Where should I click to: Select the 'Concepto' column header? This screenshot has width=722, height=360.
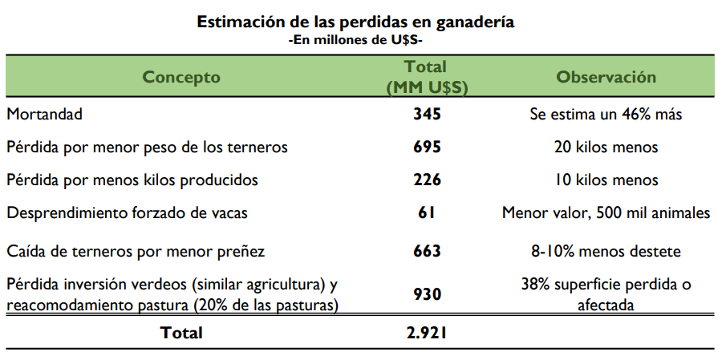pyautogui.click(x=181, y=77)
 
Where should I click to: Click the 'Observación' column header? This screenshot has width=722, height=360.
pyautogui.click(x=606, y=77)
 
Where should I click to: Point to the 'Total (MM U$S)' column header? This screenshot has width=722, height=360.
pyautogui.click(x=426, y=77)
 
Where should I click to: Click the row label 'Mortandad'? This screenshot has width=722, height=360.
pyautogui.click(x=45, y=115)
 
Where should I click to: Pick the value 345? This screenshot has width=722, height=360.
pyautogui.click(x=427, y=115)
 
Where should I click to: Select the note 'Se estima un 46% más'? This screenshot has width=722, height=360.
pyautogui.click(x=606, y=115)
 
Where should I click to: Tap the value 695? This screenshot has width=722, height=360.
pyautogui.click(x=427, y=148)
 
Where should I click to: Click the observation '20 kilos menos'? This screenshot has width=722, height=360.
pyautogui.click(x=606, y=148)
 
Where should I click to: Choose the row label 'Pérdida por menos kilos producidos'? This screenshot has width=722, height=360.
pyautogui.click(x=132, y=180)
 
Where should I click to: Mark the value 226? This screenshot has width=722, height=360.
pyautogui.click(x=427, y=180)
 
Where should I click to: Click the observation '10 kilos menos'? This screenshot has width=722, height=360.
pyautogui.click(x=606, y=180)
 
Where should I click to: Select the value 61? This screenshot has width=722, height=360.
pyautogui.click(x=427, y=213)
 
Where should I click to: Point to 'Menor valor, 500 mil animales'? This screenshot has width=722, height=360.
pyautogui.click(x=606, y=213)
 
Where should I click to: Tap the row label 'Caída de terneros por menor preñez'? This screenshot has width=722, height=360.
pyautogui.click(x=136, y=251)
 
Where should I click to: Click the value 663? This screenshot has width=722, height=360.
pyautogui.click(x=427, y=251)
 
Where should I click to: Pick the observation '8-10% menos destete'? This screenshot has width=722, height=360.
pyautogui.click(x=606, y=251)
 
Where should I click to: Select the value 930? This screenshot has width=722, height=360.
pyautogui.click(x=427, y=294)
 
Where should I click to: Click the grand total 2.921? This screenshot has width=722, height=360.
pyautogui.click(x=427, y=332)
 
